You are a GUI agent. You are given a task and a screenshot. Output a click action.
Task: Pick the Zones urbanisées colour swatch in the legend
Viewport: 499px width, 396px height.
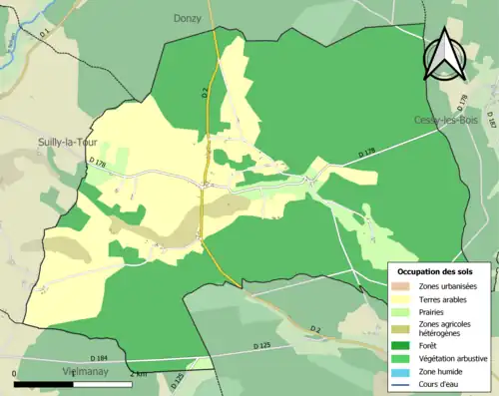point(403,286)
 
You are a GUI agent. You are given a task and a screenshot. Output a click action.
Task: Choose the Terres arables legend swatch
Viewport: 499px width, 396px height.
point(403,298)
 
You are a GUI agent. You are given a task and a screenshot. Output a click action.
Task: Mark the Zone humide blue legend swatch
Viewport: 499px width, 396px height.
point(403,370)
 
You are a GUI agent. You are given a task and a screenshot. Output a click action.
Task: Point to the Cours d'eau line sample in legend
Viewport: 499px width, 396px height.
point(403,382)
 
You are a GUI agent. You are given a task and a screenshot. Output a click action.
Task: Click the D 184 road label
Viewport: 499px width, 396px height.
point(98,358)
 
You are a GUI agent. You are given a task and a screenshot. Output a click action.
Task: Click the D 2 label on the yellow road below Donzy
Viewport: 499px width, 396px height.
point(203,94)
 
